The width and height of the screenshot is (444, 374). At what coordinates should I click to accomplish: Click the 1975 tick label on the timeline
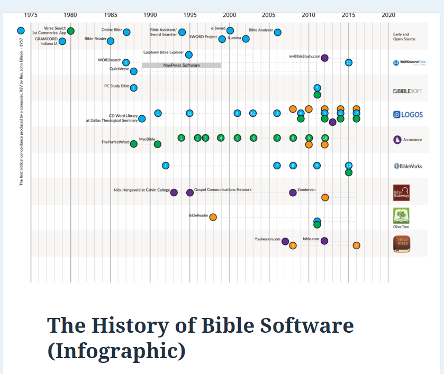[31, 15]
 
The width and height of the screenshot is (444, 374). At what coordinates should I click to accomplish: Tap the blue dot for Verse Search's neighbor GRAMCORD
[62, 41]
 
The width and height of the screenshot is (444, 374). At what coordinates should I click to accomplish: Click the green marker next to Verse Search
[70, 31]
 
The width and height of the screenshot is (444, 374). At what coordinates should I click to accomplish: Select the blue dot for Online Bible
[126, 32]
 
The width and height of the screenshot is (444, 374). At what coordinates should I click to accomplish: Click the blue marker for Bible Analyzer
[277, 32]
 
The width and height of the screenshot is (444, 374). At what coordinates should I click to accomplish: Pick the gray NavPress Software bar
[182, 65]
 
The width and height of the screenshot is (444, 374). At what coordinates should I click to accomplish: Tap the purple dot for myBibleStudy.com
[324, 58]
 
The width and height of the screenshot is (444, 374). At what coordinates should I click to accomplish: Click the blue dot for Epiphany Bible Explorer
[189, 54]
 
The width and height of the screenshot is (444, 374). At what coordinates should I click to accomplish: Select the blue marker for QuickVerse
[134, 71]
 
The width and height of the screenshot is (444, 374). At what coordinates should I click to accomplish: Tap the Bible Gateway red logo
[401, 193]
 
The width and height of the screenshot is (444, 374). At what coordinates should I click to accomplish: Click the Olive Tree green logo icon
[401, 215]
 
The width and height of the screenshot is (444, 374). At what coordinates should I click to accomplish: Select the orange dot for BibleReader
[213, 217]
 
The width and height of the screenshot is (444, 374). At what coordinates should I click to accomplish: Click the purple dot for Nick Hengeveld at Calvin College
[174, 193]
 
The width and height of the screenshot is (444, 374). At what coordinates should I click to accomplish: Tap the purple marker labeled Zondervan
[293, 192]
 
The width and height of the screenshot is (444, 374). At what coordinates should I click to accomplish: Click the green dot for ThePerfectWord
[134, 144]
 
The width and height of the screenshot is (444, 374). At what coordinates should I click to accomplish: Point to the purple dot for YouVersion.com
[285, 241]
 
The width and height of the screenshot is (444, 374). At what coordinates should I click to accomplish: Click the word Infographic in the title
[116, 351]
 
